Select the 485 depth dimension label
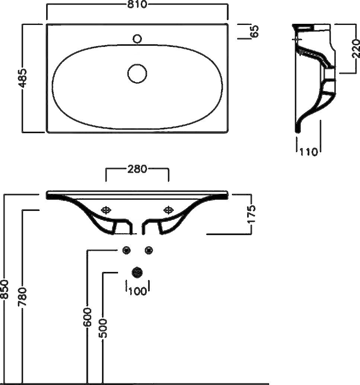click(23, 78)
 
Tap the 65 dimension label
click(255, 32)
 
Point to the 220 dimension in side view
click(356, 48)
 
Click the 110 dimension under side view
click(309, 152)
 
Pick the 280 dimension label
click(137, 169)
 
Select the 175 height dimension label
click(251, 214)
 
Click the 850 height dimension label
click(4, 289)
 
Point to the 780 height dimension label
click(23, 296)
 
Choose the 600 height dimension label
click(87, 317)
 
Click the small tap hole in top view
click(137, 38)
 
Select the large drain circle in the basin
click(137, 73)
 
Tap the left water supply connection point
click(127, 250)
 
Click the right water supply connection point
click(149, 250)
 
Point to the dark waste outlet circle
click(137, 273)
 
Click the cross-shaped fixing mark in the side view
click(297, 39)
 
